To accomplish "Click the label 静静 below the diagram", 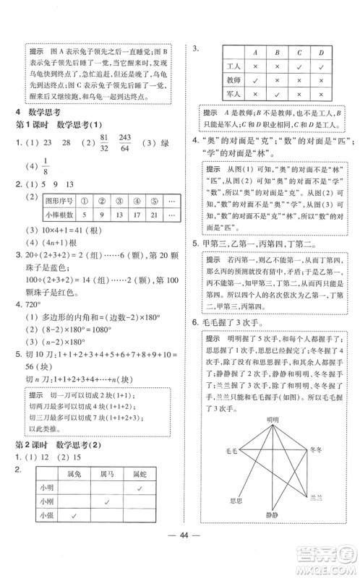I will (x=270, y=535).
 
